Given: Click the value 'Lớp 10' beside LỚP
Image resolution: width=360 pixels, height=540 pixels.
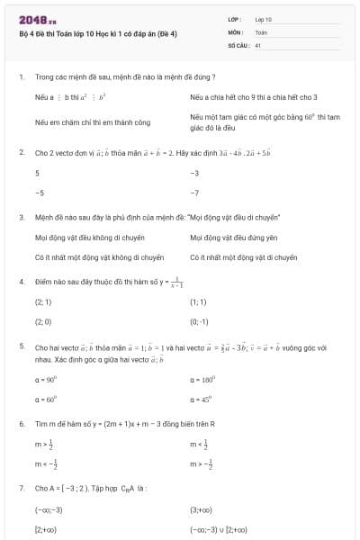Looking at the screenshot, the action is pos(264,18).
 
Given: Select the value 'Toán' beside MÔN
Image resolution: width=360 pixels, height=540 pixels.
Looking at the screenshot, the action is pos(262,31).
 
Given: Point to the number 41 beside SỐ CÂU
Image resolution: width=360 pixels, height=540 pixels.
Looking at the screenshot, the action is pos(258,44).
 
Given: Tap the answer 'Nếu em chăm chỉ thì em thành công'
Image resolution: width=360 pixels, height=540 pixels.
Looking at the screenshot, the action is pos(93,121).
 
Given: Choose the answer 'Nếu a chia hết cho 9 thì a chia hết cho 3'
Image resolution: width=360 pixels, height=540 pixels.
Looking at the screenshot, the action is pos(254,96).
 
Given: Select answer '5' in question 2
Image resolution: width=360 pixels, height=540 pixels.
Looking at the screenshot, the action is pos(37,172).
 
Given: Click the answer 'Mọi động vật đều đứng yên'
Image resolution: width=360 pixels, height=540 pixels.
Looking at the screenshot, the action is pos(230,238).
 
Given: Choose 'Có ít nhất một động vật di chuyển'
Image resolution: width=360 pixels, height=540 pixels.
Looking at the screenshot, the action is pos(243,256).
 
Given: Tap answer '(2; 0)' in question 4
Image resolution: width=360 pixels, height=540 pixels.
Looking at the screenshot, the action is pos(43,320).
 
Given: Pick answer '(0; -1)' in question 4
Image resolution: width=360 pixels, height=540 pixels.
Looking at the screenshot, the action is pos(199,320).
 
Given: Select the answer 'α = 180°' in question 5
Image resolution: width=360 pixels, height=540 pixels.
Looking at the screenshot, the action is pos(203,381).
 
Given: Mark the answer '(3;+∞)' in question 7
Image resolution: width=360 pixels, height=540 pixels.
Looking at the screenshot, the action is pos(201,509).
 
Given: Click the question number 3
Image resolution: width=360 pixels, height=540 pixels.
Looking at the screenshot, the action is pos(21,217).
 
